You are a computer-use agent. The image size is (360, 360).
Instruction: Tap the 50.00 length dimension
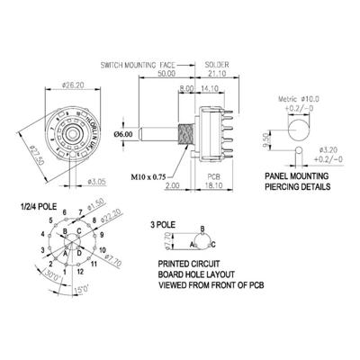(164, 76)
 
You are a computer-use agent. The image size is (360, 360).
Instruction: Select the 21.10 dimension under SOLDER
(217, 76)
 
